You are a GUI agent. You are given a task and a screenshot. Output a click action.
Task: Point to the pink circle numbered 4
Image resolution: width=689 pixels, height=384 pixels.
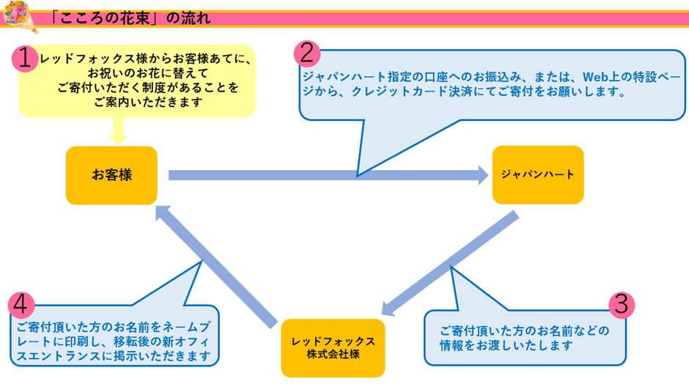point(23,303)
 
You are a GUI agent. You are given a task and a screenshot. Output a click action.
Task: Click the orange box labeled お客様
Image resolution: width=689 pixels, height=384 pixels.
point(111,175)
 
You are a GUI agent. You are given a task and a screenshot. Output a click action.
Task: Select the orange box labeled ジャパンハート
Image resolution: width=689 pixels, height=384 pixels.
point(537,175)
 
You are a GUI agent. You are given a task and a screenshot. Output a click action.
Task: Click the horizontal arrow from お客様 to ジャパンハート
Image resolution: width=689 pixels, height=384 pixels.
point(323,175)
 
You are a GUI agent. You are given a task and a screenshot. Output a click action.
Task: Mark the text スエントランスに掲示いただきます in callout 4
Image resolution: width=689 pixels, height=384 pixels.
point(114,357)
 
